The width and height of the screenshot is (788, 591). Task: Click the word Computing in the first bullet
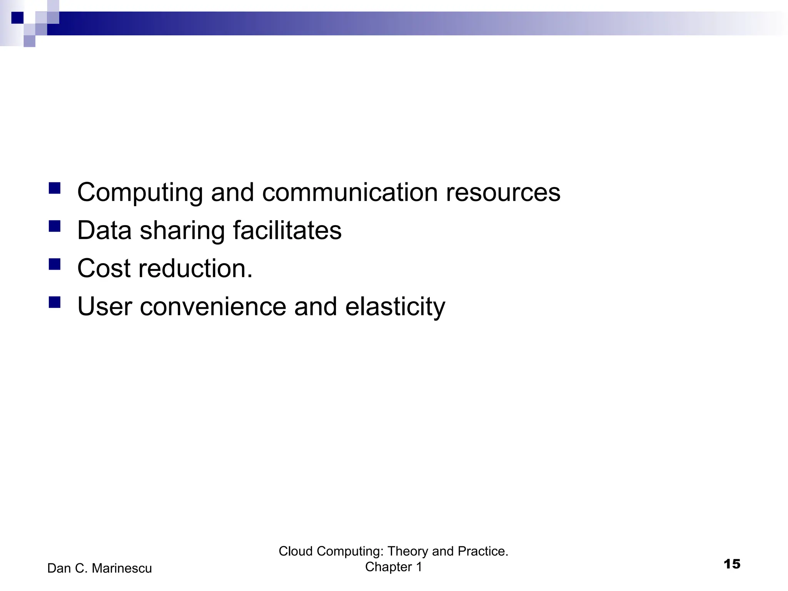pyautogui.click(x=140, y=193)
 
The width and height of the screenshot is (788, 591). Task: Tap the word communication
pyautogui.click(x=349, y=192)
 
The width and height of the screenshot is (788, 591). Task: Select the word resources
pyautogui.click(x=503, y=192)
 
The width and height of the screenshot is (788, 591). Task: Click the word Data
pyautogui.click(x=104, y=230)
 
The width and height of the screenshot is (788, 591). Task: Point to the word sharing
pyautogui.click(x=182, y=231)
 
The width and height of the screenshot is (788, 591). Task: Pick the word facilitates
pyautogui.click(x=287, y=230)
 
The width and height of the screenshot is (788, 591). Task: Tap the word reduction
pyautogui.click(x=195, y=268)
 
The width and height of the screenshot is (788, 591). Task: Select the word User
pyautogui.click(x=104, y=306)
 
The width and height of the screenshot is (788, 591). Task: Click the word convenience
pyautogui.click(x=213, y=306)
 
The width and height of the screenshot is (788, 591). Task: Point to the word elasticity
pyautogui.click(x=395, y=307)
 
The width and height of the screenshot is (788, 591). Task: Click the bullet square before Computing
pyautogui.click(x=55, y=188)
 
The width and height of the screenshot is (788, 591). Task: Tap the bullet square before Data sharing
pyautogui.click(x=55, y=226)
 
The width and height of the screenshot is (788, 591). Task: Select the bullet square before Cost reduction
pyautogui.click(x=55, y=264)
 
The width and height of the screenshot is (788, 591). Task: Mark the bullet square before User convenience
pyautogui.click(x=55, y=302)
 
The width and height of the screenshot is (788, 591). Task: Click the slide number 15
pyautogui.click(x=732, y=564)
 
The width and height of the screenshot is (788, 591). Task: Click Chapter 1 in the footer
pyautogui.click(x=393, y=567)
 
